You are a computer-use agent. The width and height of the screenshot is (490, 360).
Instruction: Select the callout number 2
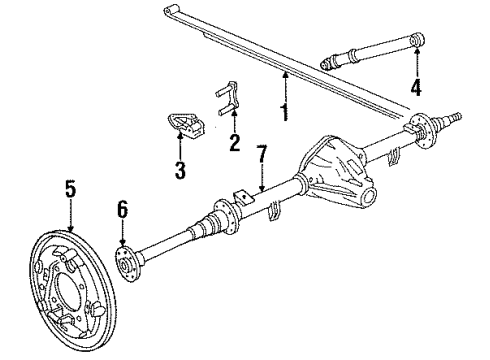(x=234, y=142)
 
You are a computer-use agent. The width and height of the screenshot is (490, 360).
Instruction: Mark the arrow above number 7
(x=260, y=180)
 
